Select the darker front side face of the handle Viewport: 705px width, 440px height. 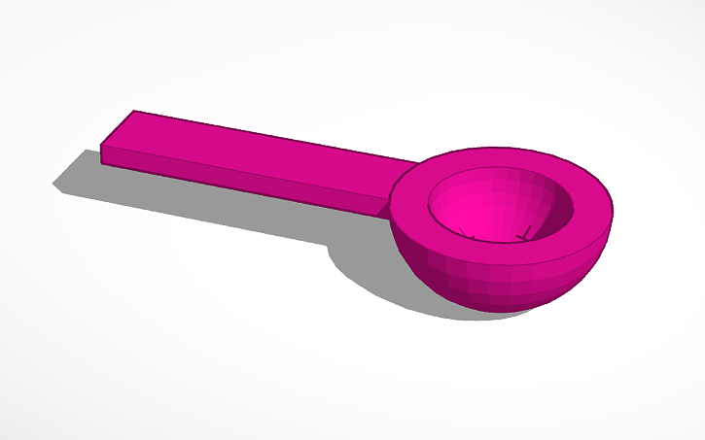tap(243, 181)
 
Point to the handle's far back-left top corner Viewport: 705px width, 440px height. tap(134, 111)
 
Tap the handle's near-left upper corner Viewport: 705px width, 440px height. tap(102, 147)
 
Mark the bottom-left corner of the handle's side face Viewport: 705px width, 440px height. tap(102, 160)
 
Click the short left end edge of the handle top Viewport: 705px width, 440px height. tap(118, 128)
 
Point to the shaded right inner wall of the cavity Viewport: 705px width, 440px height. tap(554, 209)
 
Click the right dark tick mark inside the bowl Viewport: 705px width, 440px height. tap(526, 234)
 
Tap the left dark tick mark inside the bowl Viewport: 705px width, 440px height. tap(471, 236)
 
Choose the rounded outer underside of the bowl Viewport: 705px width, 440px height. tap(486, 287)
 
